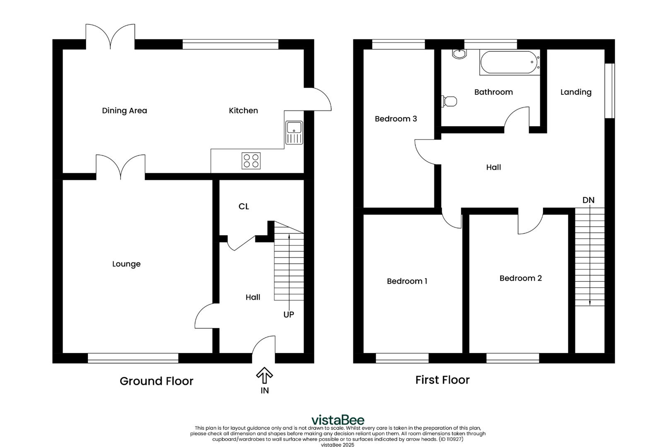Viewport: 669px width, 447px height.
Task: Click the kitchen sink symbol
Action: coord(294,132)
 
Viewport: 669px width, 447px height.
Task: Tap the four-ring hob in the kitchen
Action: coord(251,161)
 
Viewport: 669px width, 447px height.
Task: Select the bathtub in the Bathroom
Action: coord(510,62)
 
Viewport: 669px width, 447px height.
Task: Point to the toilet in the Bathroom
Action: coord(450,101)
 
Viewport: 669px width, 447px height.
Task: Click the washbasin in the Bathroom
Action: coord(459,54)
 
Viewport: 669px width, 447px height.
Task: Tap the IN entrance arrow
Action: coord(264,376)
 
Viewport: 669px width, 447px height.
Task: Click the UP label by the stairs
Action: coord(289,315)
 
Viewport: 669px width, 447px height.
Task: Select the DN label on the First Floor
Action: coord(588,200)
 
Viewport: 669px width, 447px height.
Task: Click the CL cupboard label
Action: coord(244,206)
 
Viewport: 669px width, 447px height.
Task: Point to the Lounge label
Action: coord(126,264)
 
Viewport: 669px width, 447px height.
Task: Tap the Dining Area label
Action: coord(124,111)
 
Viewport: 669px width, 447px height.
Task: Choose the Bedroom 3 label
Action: coord(396,119)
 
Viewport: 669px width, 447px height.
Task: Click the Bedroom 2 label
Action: coord(520,278)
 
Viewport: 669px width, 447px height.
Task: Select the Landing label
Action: coord(576,92)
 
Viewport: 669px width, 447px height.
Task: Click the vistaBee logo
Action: coord(338,420)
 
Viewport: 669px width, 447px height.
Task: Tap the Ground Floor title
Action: coord(156,381)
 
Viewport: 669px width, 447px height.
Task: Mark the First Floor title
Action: coord(442,380)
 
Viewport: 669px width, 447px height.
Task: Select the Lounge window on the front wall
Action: coord(133,358)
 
